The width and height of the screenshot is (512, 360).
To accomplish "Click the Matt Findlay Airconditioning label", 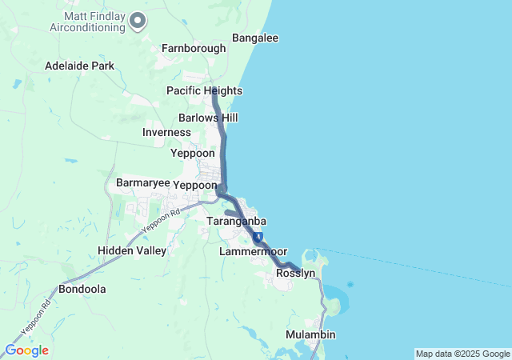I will (93, 21).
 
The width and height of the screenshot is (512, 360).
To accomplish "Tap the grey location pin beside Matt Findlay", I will (138, 21).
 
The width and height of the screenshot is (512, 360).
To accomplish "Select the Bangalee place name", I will (254, 38).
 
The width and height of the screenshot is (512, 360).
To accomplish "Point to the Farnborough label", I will (194, 48).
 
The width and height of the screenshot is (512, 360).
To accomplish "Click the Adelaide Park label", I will (80, 66).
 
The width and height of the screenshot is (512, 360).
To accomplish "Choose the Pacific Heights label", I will (204, 90).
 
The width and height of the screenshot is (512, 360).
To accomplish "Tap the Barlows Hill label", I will (208, 118).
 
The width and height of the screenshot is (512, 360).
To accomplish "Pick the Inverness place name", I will (166, 132).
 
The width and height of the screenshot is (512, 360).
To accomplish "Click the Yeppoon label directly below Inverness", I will (193, 153).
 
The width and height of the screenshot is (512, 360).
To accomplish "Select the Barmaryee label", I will (143, 183).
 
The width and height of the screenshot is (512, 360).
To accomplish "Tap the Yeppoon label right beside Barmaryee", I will (195, 184).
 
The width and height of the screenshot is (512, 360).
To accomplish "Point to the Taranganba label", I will (236, 221).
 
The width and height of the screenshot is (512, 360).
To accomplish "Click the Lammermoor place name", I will (253, 251).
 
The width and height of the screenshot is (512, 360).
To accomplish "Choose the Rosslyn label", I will (295, 273).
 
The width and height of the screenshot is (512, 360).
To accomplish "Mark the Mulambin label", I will (310, 334).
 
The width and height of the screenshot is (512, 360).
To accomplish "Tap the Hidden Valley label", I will (132, 250).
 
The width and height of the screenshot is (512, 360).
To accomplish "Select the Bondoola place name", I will (82, 289).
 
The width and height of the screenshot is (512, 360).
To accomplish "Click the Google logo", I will (26, 350).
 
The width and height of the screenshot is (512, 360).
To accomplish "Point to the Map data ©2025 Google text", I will (462, 354).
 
